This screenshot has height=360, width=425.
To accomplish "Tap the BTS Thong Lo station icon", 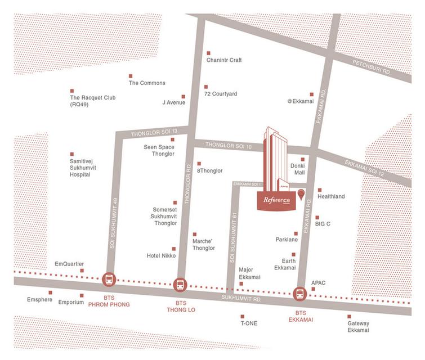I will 180,285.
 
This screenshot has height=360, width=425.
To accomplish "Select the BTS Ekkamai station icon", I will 299,294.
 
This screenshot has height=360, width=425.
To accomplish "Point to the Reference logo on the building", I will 276,200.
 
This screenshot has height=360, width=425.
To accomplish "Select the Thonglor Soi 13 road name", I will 150,133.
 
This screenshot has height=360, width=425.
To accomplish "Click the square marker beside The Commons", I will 131,76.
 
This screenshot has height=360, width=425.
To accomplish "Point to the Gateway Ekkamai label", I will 358,328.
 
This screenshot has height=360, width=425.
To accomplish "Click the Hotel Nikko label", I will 161,255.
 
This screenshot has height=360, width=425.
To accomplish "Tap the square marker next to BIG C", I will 317,217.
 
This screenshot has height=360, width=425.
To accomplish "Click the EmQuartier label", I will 69,263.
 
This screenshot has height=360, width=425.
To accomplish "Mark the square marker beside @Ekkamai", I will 311,94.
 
